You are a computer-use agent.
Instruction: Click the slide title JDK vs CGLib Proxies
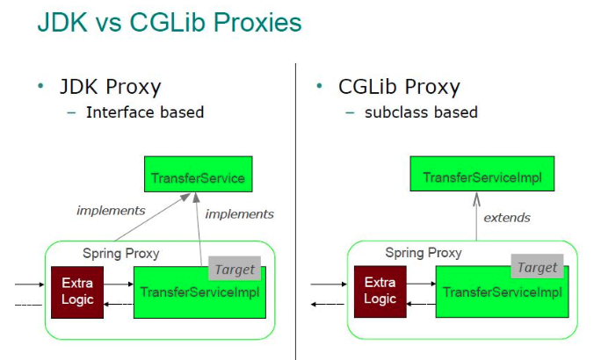click(169, 23)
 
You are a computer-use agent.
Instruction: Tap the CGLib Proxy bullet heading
click(399, 87)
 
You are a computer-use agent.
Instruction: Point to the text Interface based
click(144, 112)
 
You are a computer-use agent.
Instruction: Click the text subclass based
click(421, 112)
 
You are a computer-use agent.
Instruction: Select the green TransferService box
click(198, 178)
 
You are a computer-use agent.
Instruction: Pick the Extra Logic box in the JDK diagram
click(76, 291)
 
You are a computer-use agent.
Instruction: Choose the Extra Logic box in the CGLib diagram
click(380, 291)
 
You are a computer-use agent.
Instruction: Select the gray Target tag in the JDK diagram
click(235, 270)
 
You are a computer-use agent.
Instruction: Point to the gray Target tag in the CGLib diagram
click(537, 267)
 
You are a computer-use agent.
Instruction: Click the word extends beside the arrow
click(507, 217)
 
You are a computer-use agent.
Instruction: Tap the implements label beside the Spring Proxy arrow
click(111, 211)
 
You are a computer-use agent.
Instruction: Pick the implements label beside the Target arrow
click(239, 213)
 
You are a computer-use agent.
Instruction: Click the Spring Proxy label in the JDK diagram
click(121, 253)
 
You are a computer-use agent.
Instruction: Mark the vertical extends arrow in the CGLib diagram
click(477, 216)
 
